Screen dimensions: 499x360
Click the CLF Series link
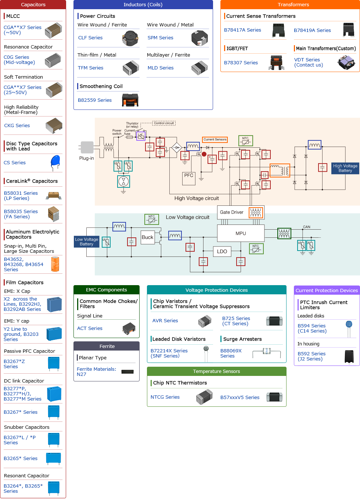click(x=90, y=38)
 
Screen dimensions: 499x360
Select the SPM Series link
click(x=160, y=38)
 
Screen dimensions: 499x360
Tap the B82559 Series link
click(x=95, y=100)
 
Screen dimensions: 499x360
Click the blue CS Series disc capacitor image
click(x=55, y=162)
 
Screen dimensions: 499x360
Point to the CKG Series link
click(x=17, y=126)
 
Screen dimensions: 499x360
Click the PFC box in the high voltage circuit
click(x=189, y=176)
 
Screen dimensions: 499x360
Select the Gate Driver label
click(x=231, y=212)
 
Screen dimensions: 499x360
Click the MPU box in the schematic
click(x=241, y=233)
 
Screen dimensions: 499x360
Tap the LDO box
click(x=222, y=251)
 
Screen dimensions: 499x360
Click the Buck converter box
click(x=147, y=237)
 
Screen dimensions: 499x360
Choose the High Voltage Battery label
click(x=345, y=168)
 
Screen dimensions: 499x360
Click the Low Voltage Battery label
click(x=86, y=242)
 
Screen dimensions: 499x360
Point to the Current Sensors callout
click(x=215, y=140)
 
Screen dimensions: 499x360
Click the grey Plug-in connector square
click(x=87, y=147)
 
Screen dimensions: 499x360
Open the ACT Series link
click(x=90, y=329)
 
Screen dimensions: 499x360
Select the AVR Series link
click(x=165, y=321)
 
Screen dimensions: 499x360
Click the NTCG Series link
click(x=165, y=397)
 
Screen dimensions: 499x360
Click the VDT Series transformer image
click(x=346, y=62)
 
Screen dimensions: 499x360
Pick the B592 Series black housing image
click(x=349, y=356)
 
